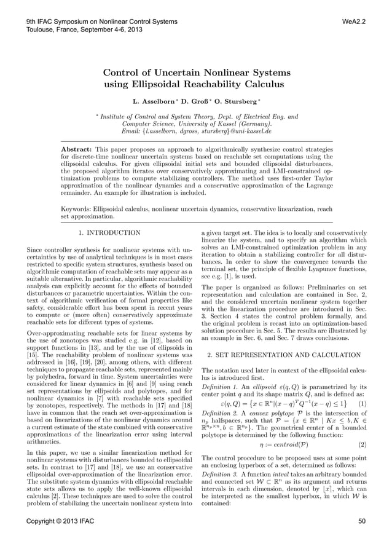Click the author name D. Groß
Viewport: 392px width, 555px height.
tap(190, 99)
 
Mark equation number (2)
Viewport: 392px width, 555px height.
tap(362, 444)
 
